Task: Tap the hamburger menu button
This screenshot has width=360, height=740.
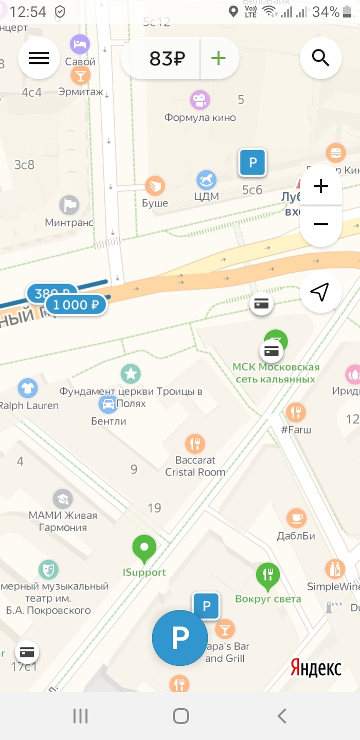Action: pos(39,58)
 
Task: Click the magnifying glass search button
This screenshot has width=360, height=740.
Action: pos(320,58)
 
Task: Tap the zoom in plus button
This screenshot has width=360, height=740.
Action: pos(320,186)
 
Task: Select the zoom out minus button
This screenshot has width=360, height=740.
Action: pos(320,224)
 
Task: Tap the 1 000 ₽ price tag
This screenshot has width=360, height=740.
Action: pos(76,305)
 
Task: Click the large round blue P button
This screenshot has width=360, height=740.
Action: pos(180,638)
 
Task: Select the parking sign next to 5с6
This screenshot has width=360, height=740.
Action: pos(253,163)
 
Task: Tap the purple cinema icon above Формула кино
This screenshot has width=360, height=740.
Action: pos(200,100)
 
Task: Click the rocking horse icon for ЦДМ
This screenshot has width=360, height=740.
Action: pos(207,180)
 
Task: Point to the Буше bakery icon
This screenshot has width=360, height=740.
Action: pos(155,186)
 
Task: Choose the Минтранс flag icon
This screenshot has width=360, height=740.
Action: pos(69,205)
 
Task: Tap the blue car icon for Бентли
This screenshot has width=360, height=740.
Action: pos(109,404)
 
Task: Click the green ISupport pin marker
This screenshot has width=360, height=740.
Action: pos(145,548)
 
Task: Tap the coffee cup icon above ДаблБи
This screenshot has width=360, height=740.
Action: pos(296,518)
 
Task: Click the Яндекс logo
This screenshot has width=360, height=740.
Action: pos(316,668)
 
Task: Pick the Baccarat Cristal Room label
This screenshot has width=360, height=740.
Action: pos(195,466)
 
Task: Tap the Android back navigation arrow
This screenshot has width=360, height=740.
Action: pos(281,716)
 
